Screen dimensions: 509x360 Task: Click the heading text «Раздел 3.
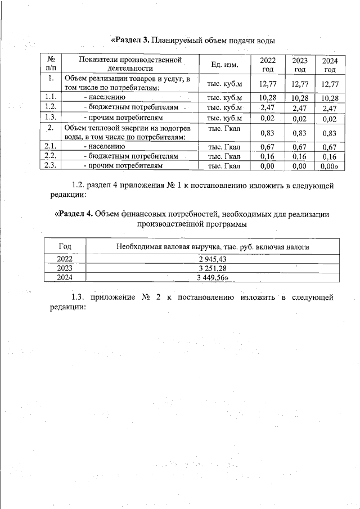click(x=130, y=40)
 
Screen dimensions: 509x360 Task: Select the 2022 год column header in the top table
click(x=268, y=65)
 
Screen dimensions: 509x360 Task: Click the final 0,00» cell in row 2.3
click(x=328, y=166)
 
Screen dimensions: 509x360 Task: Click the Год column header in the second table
click(x=65, y=246)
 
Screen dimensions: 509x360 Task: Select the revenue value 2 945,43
click(x=213, y=259)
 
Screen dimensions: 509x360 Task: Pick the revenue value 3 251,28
click(x=213, y=268)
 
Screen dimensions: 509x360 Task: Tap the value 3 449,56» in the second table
click(x=214, y=277)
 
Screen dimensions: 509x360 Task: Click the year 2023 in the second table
click(x=65, y=268)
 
